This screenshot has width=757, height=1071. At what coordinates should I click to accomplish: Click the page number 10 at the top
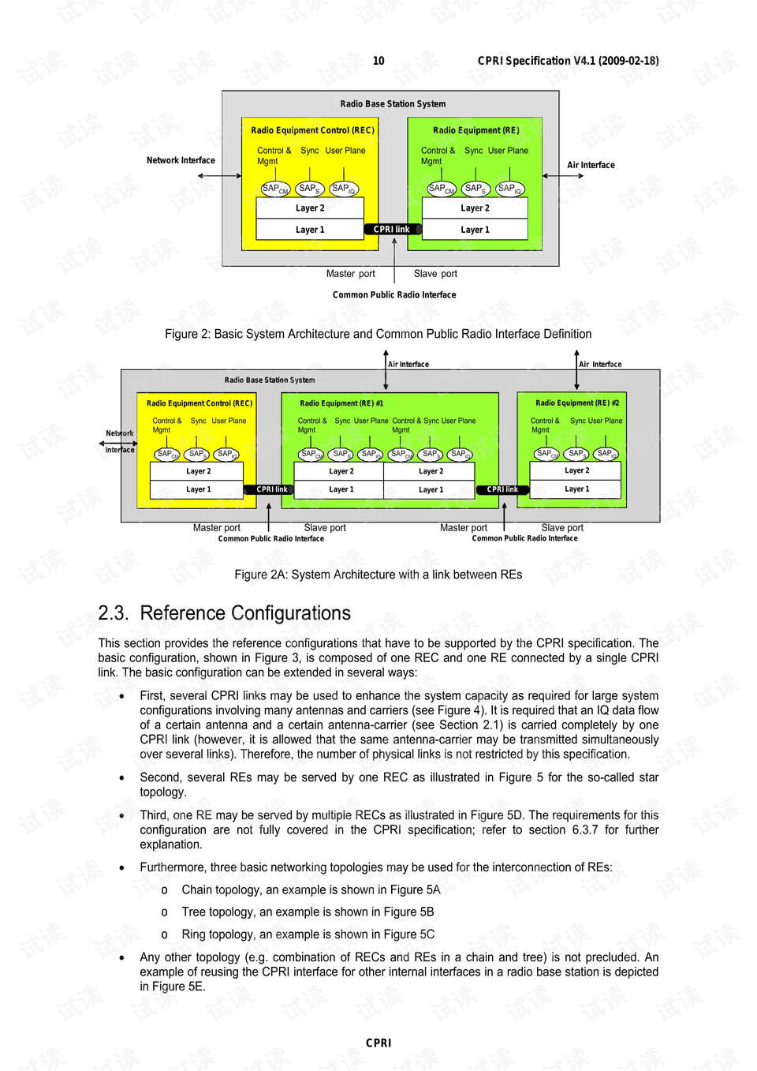(x=378, y=61)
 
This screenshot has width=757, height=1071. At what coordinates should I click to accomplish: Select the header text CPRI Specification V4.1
(x=568, y=61)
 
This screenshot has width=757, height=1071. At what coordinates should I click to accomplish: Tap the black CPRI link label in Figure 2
(x=392, y=230)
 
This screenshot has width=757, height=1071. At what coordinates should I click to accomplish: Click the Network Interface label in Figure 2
(x=181, y=160)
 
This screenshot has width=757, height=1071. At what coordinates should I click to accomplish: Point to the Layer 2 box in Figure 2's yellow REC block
(x=310, y=208)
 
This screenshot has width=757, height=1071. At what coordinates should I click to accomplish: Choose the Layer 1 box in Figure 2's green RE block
(x=475, y=230)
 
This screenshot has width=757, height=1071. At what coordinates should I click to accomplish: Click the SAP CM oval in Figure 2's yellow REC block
(x=275, y=189)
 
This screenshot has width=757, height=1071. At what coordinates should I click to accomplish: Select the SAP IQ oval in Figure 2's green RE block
(x=509, y=189)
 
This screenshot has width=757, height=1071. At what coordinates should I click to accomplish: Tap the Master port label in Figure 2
(x=350, y=274)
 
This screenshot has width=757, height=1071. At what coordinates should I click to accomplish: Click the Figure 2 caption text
(x=378, y=334)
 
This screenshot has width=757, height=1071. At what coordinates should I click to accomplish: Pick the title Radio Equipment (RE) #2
(x=577, y=403)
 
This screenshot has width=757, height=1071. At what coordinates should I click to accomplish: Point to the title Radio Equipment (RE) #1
(x=341, y=403)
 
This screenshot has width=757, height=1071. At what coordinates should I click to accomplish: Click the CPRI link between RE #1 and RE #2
(x=502, y=489)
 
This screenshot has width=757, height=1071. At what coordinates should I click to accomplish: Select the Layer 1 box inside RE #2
(x=576, y=489)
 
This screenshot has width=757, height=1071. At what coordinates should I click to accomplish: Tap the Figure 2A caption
(x=378, y=575)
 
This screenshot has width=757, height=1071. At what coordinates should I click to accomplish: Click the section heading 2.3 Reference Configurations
(x=224, y=613)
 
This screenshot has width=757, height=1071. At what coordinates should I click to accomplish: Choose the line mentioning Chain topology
(x=311, y=889)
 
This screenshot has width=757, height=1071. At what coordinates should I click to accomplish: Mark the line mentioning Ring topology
(x=308, y=934)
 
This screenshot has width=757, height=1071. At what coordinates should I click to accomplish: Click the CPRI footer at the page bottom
(x=378, y=1043)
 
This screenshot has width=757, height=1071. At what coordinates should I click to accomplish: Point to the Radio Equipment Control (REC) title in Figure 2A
(x=200, y=403)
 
